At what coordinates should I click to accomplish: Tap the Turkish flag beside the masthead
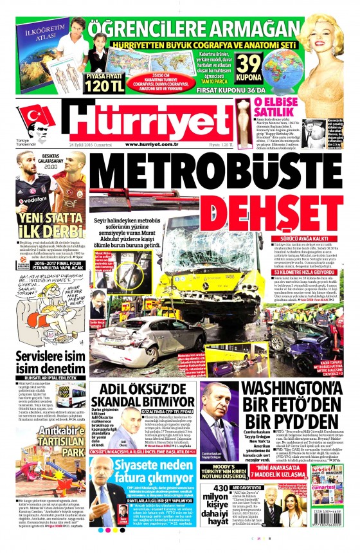point(32,116)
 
